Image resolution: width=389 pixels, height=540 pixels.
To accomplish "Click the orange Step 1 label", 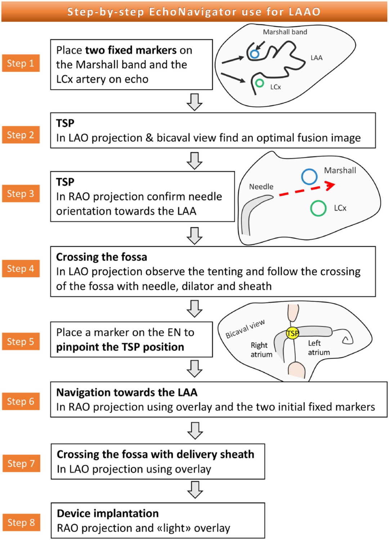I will tap(21, 63).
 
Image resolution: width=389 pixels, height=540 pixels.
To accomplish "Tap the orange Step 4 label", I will tap(21, 269).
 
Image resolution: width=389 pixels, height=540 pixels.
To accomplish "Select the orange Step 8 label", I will tap(21, 522).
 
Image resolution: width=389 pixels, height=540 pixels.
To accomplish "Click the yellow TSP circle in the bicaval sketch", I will tap(292, 333).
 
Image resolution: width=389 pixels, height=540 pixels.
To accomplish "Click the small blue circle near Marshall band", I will tap(255, 54).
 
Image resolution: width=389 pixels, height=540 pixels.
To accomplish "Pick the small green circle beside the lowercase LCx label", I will tap(259, 83).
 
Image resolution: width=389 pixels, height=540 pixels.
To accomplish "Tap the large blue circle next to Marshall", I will tap(309, 177).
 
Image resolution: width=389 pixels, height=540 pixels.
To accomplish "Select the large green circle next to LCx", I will tap(318, 208).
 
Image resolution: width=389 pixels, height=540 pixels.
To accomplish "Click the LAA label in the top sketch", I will tap(317, 58).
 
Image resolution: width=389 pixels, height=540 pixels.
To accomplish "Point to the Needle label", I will tap(261, 187).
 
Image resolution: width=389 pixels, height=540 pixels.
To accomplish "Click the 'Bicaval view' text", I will tap(245, 329).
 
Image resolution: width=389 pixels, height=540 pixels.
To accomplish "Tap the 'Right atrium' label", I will tap(261, 350).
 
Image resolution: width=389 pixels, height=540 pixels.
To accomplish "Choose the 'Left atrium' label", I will tap(318, 348).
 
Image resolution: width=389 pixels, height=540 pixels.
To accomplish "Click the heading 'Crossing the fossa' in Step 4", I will tap(102, 257).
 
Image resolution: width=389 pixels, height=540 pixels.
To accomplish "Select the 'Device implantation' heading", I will tap(108, 513).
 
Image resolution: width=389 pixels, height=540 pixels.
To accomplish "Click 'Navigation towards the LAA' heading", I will tap(127, 392).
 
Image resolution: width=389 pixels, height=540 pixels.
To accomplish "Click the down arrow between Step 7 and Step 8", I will tap(195, 490).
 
